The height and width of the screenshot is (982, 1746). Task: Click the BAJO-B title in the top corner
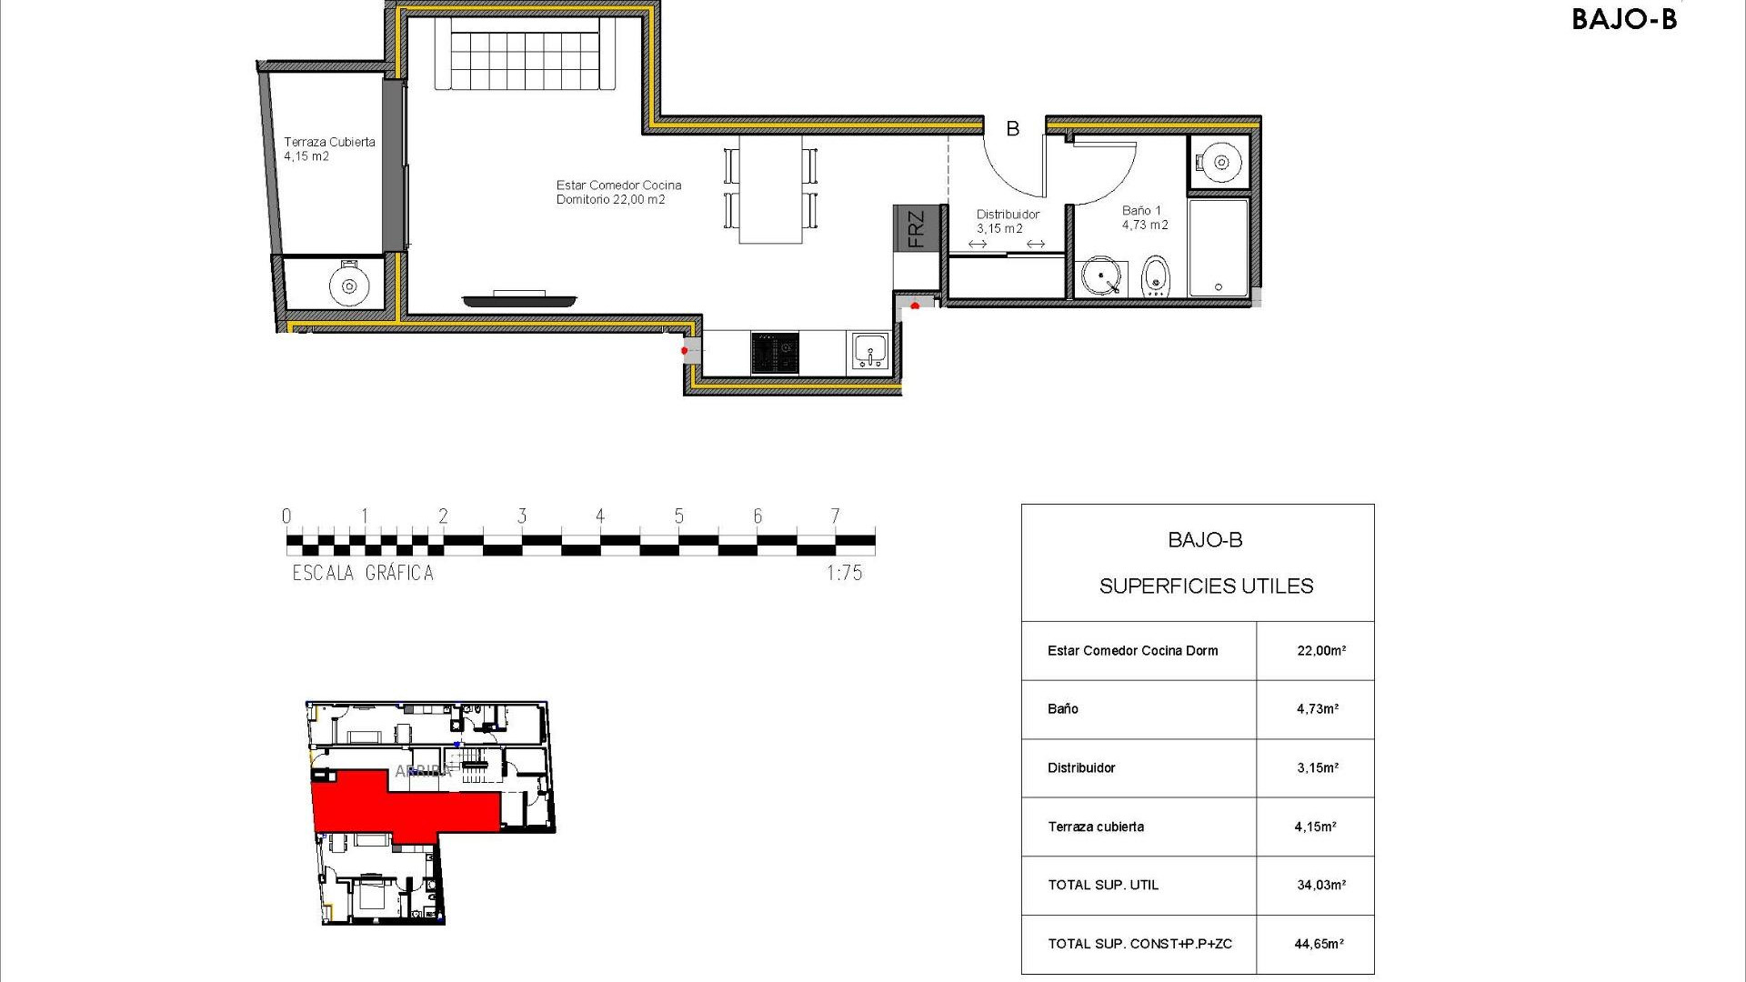pyautogui.click(x=1623, y=19)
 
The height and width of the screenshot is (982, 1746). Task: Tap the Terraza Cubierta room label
pyautogui.click(x=328, y=148)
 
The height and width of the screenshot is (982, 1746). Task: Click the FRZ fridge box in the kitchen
pyautogui.click(x=915, y=228)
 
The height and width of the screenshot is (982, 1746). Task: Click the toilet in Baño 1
pyautogui.click(x=1155, y=276)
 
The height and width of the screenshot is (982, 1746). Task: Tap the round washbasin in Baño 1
pyautogui.click(x=1100, y=276)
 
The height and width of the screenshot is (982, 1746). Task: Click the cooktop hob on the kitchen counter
pyautogui.click(x=775, y=353)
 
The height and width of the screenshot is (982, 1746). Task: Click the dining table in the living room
pyautogui.click(x=771, y=189)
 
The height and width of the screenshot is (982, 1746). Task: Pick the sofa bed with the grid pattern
pyautogui.click(x=525, y=55)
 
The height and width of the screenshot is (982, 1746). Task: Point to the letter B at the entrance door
pyautogui.click(x=1012, y=129)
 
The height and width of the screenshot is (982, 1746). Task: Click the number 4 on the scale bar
pyautogui.click(x=600, y=516)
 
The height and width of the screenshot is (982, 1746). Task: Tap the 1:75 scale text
pyautogui.click(x=844, y=573)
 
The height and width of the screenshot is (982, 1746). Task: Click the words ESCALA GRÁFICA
pyautogui.click(x=363, y=573)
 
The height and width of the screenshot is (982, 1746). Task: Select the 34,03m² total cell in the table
pyautogui.click(x=1320, y=885)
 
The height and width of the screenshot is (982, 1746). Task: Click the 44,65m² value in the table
pyautogui.click(x=1319, y=944)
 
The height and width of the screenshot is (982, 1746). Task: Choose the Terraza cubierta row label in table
pyautogui.click(x=1096, y=827)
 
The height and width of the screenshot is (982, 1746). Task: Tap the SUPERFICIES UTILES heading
pyautogui.click(x=1206, y=586)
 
